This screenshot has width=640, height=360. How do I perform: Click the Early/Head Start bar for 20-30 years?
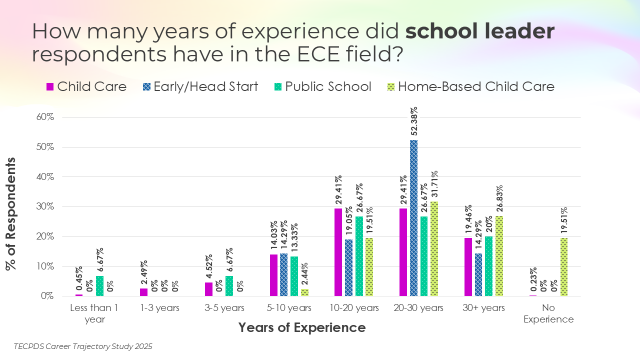[x=413, y=218]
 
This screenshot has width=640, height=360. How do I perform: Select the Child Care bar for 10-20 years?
[x=338, y=252]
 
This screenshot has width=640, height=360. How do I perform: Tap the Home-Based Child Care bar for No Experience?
[x=564, y=267]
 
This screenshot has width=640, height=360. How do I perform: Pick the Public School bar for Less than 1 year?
[x=99, y=286]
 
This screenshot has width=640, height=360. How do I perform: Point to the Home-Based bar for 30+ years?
[x=499, y=256]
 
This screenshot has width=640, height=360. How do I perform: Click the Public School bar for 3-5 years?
[x=229, y=286]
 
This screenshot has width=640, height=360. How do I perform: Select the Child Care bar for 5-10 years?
[x=273, y=275]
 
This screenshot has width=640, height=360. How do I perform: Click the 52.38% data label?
[x=414, y=122]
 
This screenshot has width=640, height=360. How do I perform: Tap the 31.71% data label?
[x=434, y=183]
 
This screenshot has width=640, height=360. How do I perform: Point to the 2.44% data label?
[x=304, y=272]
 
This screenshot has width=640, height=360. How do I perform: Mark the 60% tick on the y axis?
[x=44, y=117]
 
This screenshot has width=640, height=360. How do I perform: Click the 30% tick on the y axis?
[x=44, y=206]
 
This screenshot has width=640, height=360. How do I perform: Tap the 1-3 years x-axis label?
[x=160, y=307]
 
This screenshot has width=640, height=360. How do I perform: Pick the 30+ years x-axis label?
[x=483, y=307]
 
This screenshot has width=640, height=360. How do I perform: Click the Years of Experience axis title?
[x=301, y=328]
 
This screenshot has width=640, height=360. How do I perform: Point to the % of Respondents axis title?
[x=11, y=213]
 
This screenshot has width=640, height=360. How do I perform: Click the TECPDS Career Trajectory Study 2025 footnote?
[x=83, y=346]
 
